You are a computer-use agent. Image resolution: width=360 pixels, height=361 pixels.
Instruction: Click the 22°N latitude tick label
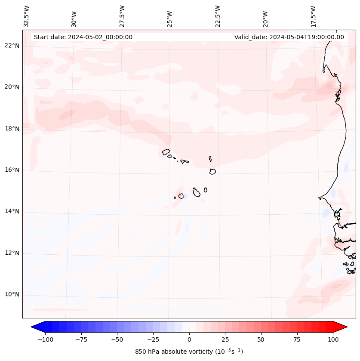pos(12,46)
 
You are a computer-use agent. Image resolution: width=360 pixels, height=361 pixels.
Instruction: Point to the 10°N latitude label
pos(12,295)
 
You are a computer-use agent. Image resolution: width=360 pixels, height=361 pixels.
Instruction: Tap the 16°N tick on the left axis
pos(12,170)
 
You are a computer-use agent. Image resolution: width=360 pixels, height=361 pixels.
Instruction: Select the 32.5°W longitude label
pos(27,16)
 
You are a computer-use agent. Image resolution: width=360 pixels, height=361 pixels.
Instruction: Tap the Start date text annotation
pos(83,37)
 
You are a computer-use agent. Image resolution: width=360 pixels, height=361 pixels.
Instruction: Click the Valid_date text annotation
pos(289,37)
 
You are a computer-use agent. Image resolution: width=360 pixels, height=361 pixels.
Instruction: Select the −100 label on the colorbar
pos(45,339)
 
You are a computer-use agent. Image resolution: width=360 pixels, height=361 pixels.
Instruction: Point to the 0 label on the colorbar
pos(189,339)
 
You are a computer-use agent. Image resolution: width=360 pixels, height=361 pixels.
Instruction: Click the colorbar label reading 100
pos(333,339)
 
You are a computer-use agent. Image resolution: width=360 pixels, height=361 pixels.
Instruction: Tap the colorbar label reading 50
pos(261,339)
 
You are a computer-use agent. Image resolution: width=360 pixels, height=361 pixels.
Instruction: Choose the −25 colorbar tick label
pos(153,339)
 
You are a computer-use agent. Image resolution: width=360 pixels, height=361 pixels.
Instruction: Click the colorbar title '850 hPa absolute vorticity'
pos(189,352)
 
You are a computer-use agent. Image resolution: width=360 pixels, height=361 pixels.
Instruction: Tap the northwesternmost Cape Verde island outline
pos(166,152)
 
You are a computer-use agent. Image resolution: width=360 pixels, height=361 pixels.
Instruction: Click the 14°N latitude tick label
pos(12,212)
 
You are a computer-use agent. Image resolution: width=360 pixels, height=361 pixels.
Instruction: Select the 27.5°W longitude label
pos(122,16)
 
